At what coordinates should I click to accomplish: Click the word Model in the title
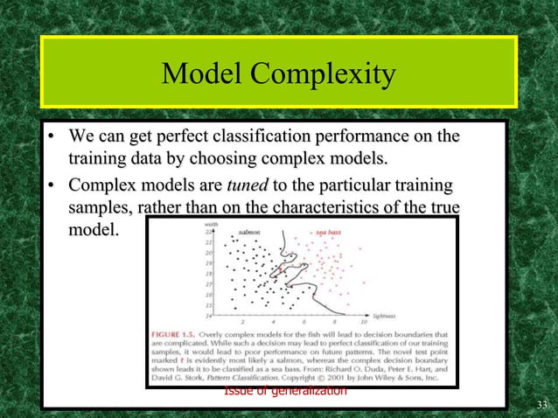pyautogui.click(x=204, y=75)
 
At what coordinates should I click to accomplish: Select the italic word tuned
pyautogui.click(x=248, y=186)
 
